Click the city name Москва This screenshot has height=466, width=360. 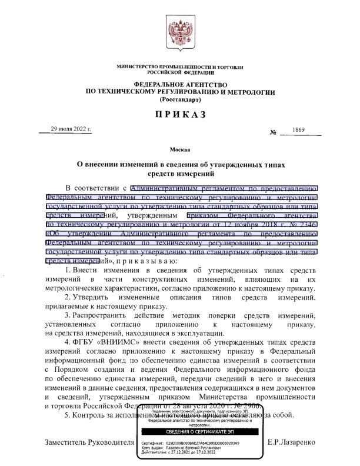pyautogui.click(x=180, y=151)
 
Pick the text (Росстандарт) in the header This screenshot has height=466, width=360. pyautogui.click(x=180, y=99)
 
